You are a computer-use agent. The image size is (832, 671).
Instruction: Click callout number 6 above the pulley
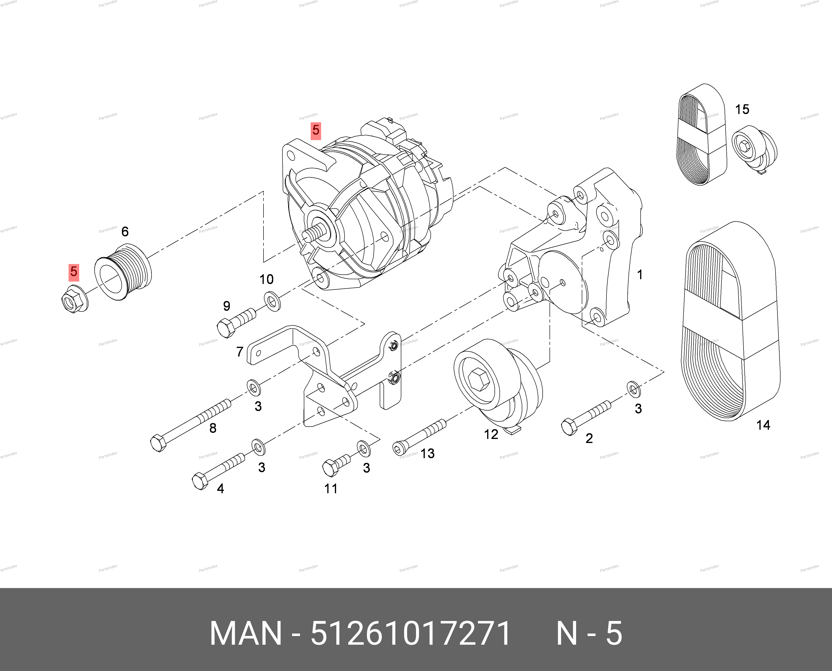pyautogui.click(x=125, y=232)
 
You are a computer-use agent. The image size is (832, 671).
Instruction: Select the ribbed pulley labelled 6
pyautogui.click(x=123, y=272)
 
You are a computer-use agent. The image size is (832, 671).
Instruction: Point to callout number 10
pyautogui.click(x=267, y=279)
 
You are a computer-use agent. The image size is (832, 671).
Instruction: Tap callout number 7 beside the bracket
pyautogui.click(x=240, y=352)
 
